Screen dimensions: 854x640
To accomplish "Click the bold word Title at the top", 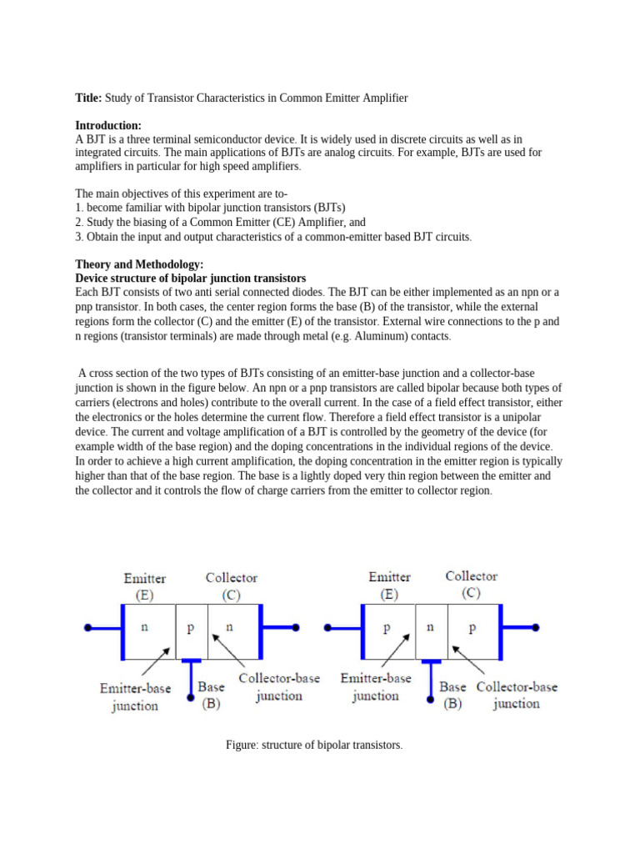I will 88,98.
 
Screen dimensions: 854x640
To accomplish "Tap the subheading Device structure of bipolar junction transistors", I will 191,277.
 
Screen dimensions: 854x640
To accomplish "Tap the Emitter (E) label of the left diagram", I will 144,586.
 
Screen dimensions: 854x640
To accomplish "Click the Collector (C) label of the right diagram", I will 472,584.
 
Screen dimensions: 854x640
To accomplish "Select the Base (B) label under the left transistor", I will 211,695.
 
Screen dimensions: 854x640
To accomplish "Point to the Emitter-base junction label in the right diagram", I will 376,687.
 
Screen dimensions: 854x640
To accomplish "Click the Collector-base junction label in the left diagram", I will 279,687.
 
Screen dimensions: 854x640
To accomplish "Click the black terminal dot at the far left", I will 87,628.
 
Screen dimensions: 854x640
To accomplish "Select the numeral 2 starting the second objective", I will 79,222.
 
